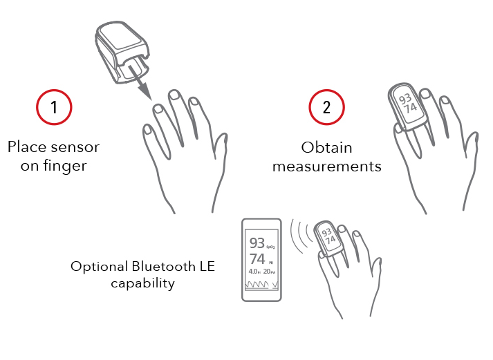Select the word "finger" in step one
tap(65, 166)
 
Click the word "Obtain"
tap(326, 147)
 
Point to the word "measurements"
tap(327, 167)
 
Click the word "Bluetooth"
tap(163, 267)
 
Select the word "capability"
tap(142, 283)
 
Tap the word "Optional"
tap(99, 267)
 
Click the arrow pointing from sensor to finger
tap(140, 83)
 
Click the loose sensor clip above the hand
tap(122, 52)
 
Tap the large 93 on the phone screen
tap(257, 243)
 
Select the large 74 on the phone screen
tap(257, 259)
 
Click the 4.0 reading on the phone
tap(254, 271)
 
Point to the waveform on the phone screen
tap(261, 285)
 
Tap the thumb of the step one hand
tap(220, 148)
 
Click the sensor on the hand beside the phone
tap(328, 239)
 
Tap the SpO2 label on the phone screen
tap(271, 247)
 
